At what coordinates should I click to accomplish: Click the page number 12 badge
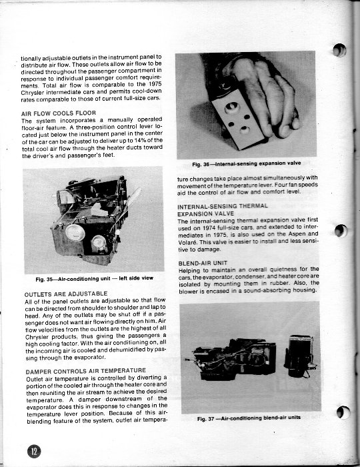click(34, 451)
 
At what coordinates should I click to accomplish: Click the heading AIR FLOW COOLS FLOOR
click(59, 113)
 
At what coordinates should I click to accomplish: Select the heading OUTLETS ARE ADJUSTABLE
click(66, 294)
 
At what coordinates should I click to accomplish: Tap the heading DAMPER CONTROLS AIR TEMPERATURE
click(86, 371)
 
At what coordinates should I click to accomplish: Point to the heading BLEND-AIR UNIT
click(203, 264)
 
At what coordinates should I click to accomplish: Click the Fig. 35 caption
click(94, 279)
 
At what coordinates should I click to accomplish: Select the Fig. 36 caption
click(247, 163)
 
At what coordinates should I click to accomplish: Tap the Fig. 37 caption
click(249, 418)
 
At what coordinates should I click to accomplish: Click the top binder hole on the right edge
click(339, 50)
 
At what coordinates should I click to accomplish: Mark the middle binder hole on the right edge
click(341, 231)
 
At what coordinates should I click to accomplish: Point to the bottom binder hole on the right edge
click(343, 412)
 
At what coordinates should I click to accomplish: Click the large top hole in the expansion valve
click(233, 107)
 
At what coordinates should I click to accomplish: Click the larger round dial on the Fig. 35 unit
click(75, 232)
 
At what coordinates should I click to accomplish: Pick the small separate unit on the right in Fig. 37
click(299, 356)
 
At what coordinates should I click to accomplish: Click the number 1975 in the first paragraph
click(155, 84)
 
